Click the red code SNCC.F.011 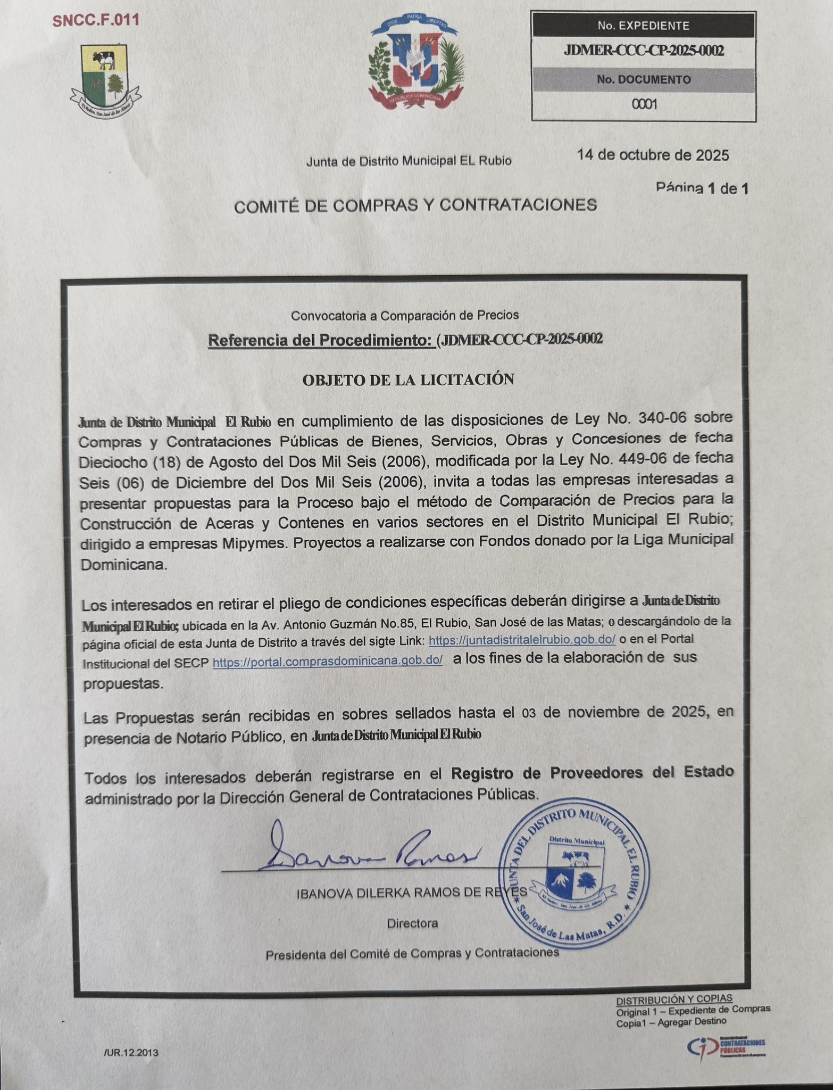coord(96,20)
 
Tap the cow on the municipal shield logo coord(103,60)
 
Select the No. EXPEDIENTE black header coord(643,26)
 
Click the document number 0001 coord(644,104)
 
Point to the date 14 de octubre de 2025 coord(653,155)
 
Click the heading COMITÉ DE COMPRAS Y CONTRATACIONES coord(415,205)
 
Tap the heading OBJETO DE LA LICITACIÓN coord(408,379)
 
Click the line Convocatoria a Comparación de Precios coord(404,316)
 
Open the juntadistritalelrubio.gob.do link coord(522,640)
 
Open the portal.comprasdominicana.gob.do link coord(328,661)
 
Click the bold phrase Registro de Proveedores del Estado coord(592,772)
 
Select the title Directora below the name coord(412,923)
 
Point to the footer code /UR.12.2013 coord(131,1052)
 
